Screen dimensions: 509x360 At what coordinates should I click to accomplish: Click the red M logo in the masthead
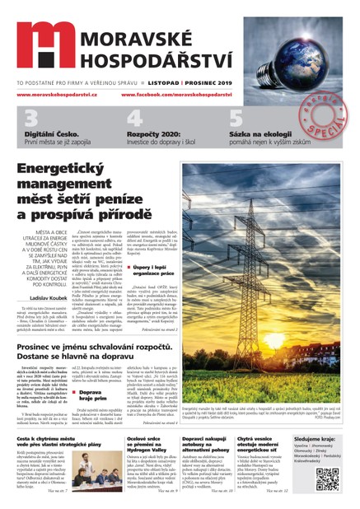coord(43,44)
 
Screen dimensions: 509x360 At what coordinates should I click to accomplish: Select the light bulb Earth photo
coord(293,53)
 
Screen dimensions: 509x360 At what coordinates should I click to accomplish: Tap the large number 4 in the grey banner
coord(134,117)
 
